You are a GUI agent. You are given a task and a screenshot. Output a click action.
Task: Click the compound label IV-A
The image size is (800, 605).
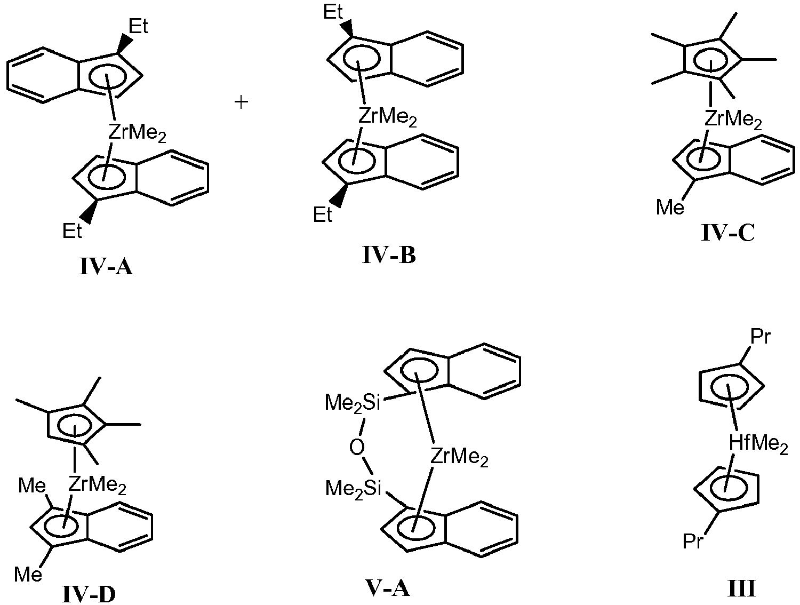[x=106, y=266]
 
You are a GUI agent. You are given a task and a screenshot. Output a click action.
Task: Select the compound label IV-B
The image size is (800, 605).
[x=389, y=256]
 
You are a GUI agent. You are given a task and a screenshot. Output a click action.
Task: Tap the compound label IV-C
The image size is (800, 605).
[x=728, y=233]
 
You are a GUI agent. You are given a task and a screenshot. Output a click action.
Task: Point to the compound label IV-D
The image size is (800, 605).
[x=89, y=593]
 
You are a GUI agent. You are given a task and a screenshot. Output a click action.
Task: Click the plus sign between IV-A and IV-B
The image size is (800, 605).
[x=242, y=102]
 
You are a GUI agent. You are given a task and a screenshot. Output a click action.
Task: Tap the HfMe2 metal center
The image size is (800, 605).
[x=758, y=443]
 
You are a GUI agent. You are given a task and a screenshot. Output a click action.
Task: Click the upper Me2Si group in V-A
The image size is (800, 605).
[x=353, y=403]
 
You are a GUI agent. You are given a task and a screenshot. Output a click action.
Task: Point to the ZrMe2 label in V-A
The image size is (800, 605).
[x=459, y=457]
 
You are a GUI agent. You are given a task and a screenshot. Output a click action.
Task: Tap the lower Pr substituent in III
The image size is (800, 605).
[x=693, y=542]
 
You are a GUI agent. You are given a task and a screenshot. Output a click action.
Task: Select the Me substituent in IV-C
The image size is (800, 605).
[x=670, y=207]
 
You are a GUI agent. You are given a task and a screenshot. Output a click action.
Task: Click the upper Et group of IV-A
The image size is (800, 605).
[x=138, y=27]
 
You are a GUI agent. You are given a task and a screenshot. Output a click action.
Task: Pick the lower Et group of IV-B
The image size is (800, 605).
[x=322, y=215]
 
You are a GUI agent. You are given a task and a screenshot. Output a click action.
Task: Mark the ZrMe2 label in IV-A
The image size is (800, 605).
[x=137, y=133]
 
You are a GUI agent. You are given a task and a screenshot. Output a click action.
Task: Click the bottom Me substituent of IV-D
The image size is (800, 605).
[x=28, y=574]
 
